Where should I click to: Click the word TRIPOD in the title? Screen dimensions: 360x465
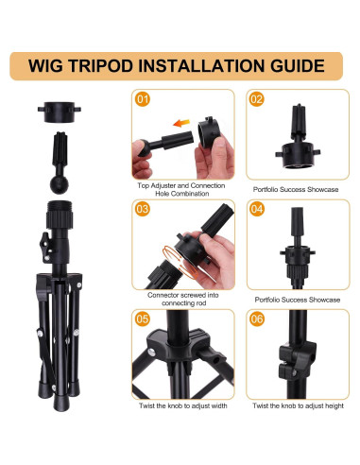click(102, 66)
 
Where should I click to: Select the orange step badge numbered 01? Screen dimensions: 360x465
click(143, 99)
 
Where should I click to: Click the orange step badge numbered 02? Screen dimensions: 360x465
click(257, 99)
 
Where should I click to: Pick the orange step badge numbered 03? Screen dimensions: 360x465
click(143, 209)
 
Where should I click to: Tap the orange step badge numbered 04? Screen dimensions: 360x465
click(257, 209)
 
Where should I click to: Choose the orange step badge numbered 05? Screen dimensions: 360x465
click(143, 319)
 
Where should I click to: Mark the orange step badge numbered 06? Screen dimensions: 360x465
click(257, 319)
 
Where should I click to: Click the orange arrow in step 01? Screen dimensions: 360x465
click(181, 123)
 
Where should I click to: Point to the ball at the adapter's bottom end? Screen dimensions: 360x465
click(60, 184)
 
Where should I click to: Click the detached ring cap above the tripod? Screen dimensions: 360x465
click(60, 112)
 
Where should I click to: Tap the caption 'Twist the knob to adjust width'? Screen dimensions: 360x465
click(183, 405)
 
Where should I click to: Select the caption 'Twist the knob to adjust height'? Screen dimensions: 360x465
click(298, 405)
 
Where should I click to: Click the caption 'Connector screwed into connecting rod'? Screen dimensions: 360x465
click(183, 299)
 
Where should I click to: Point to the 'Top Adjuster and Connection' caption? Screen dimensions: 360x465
click(181, 185)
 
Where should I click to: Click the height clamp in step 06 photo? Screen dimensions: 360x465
click(297, 359)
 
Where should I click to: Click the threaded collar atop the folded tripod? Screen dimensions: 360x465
click(60, 215)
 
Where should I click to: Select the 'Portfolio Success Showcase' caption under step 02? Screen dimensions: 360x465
click(296, 189)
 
